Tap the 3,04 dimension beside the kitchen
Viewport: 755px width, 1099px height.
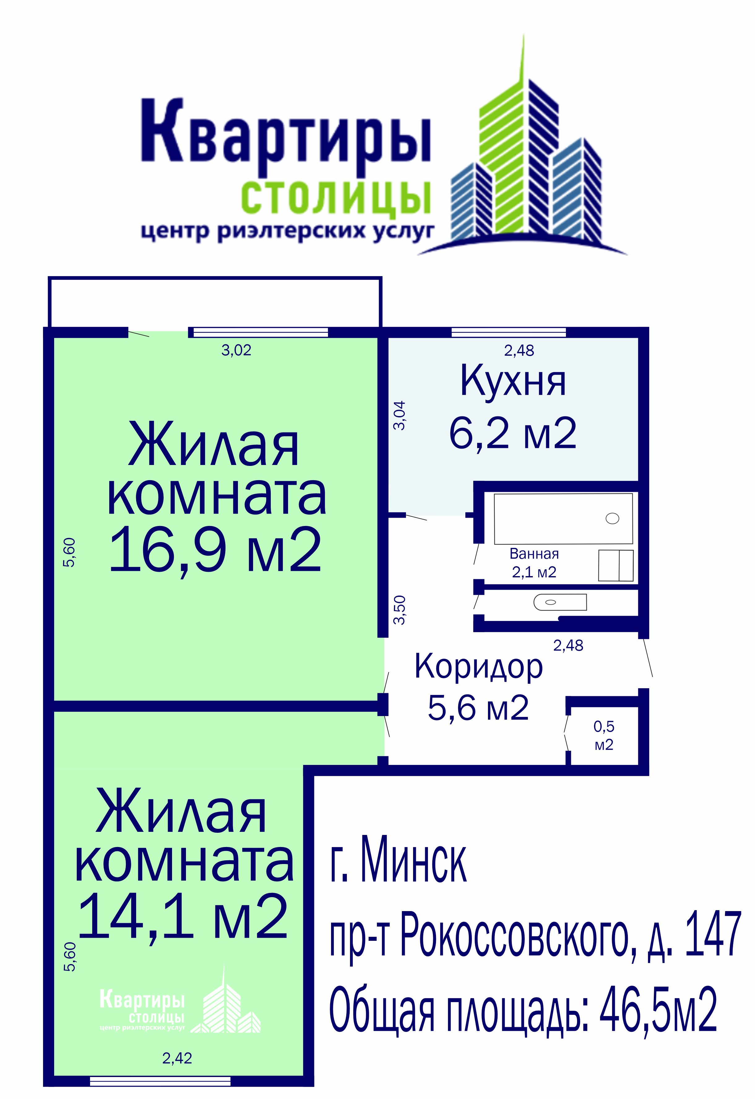click(x=400, y=415)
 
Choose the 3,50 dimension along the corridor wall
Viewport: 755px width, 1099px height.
click(x=400, y=610)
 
